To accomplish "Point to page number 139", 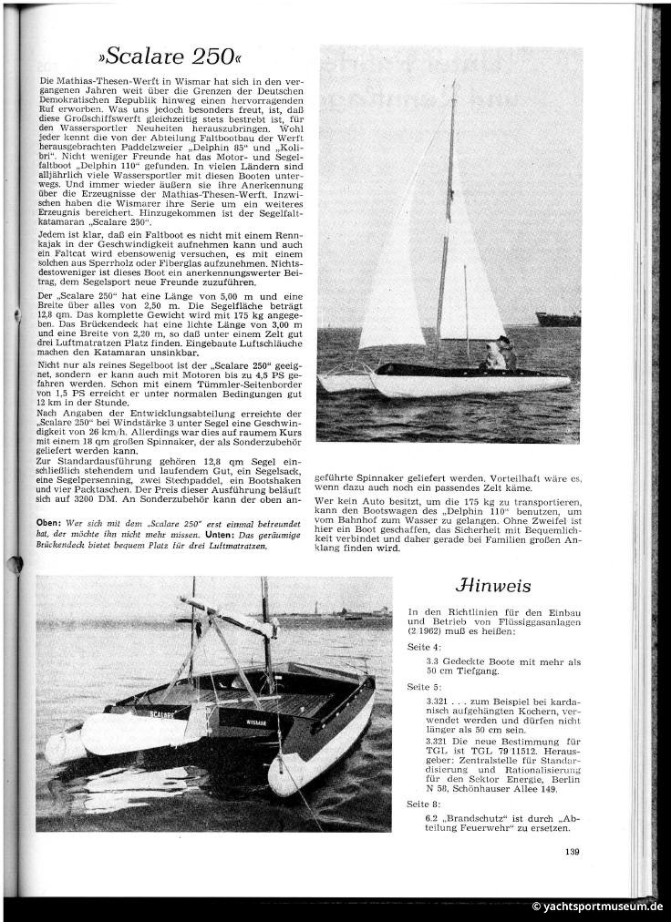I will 572,852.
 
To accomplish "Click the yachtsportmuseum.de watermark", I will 598,906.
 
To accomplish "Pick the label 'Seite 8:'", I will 423,804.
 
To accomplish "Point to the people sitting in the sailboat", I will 500,352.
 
